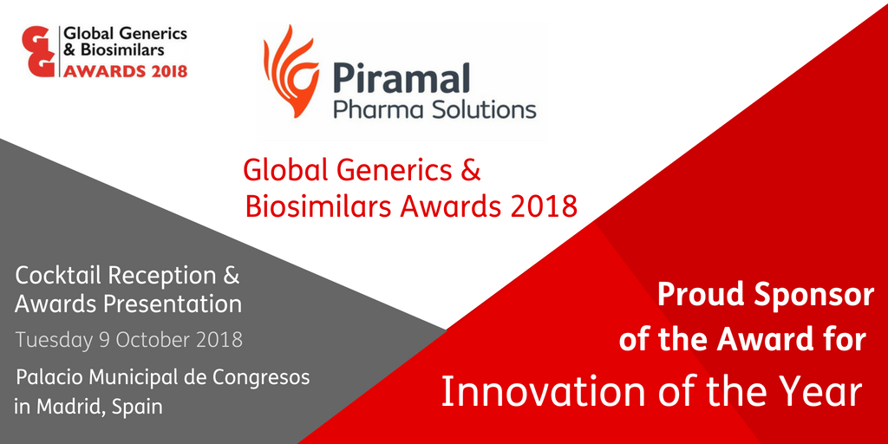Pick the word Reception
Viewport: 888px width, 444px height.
[x=162, y=276]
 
